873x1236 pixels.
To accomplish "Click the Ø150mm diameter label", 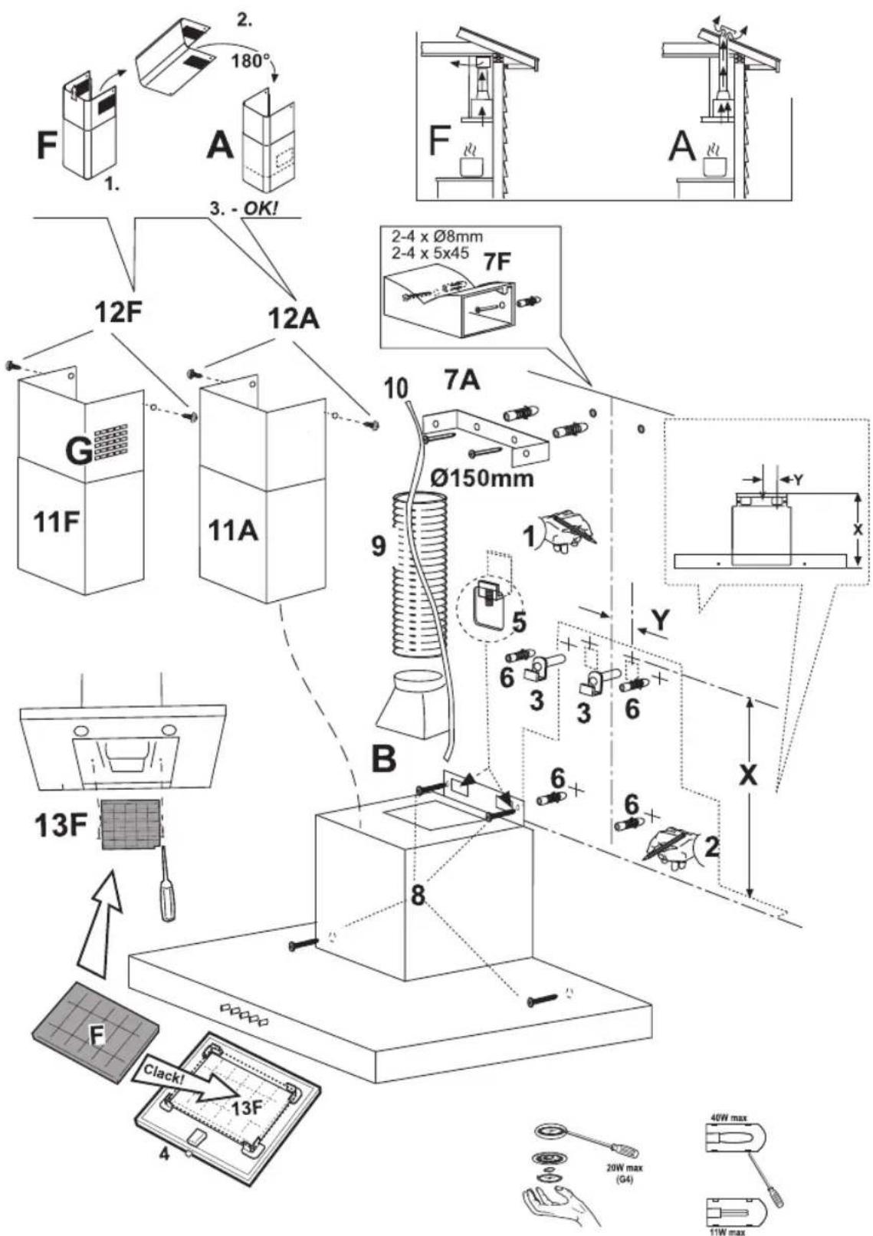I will pyautogui.click(x=481, y=478).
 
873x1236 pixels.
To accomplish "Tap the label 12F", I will pyautogui.click(x=121, y=314).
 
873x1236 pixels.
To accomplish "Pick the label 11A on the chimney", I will pyautogui.click(x=233, y=530).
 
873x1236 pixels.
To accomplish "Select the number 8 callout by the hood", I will pyautogui.click(x=418, y=895).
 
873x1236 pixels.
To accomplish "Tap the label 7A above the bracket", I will pyautogui.click(x=462, y=378).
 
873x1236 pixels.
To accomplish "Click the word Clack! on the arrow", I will pyautogui.click(x=162, y=1075).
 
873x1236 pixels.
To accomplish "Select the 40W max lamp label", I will pyautogui.click(x=729, y=1119).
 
